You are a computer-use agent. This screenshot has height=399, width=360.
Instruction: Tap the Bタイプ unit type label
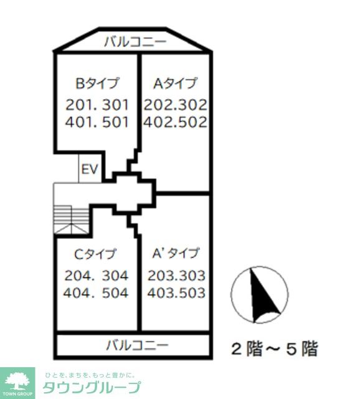pyautogui.click(x=97, y=83)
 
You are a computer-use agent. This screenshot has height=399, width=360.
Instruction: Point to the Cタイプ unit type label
pyautogui.click(x=95, y=254)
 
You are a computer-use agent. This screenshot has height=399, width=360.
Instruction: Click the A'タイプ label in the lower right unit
pyautogui.click(x=176, y=253)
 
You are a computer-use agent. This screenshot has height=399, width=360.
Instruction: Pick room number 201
pyautogui.click(x=79, y=104)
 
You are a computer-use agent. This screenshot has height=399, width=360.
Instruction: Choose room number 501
pyautogui.click(x=113, y=122)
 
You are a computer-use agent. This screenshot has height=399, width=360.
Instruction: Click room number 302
pyautogui.click(x=192, y=104)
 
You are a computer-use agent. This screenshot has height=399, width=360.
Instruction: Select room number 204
pyautogui.click(x=78, y=275)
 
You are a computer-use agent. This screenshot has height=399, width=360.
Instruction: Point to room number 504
pyautogui.click(x=113, y=292)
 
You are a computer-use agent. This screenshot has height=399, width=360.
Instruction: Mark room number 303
pyautogui.click(x=192, y=275)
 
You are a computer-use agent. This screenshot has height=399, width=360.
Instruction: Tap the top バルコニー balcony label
pyautogui.click(x=135, y=42)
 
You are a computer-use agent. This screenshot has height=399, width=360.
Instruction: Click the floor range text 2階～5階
pyautogui.click(x=274, y=349)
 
